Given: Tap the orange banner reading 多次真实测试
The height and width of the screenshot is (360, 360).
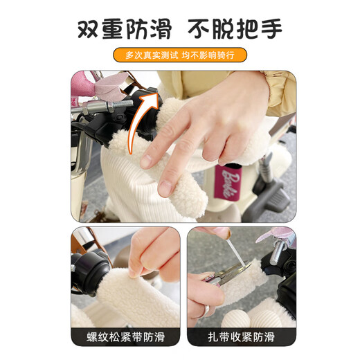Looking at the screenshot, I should click(179, 54).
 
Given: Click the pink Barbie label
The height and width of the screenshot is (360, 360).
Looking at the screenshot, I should click(231, 181).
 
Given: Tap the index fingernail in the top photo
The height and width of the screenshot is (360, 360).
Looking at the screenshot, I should click(146, 161).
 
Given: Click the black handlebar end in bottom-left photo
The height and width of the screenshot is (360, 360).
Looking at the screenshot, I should click(89, 271).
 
